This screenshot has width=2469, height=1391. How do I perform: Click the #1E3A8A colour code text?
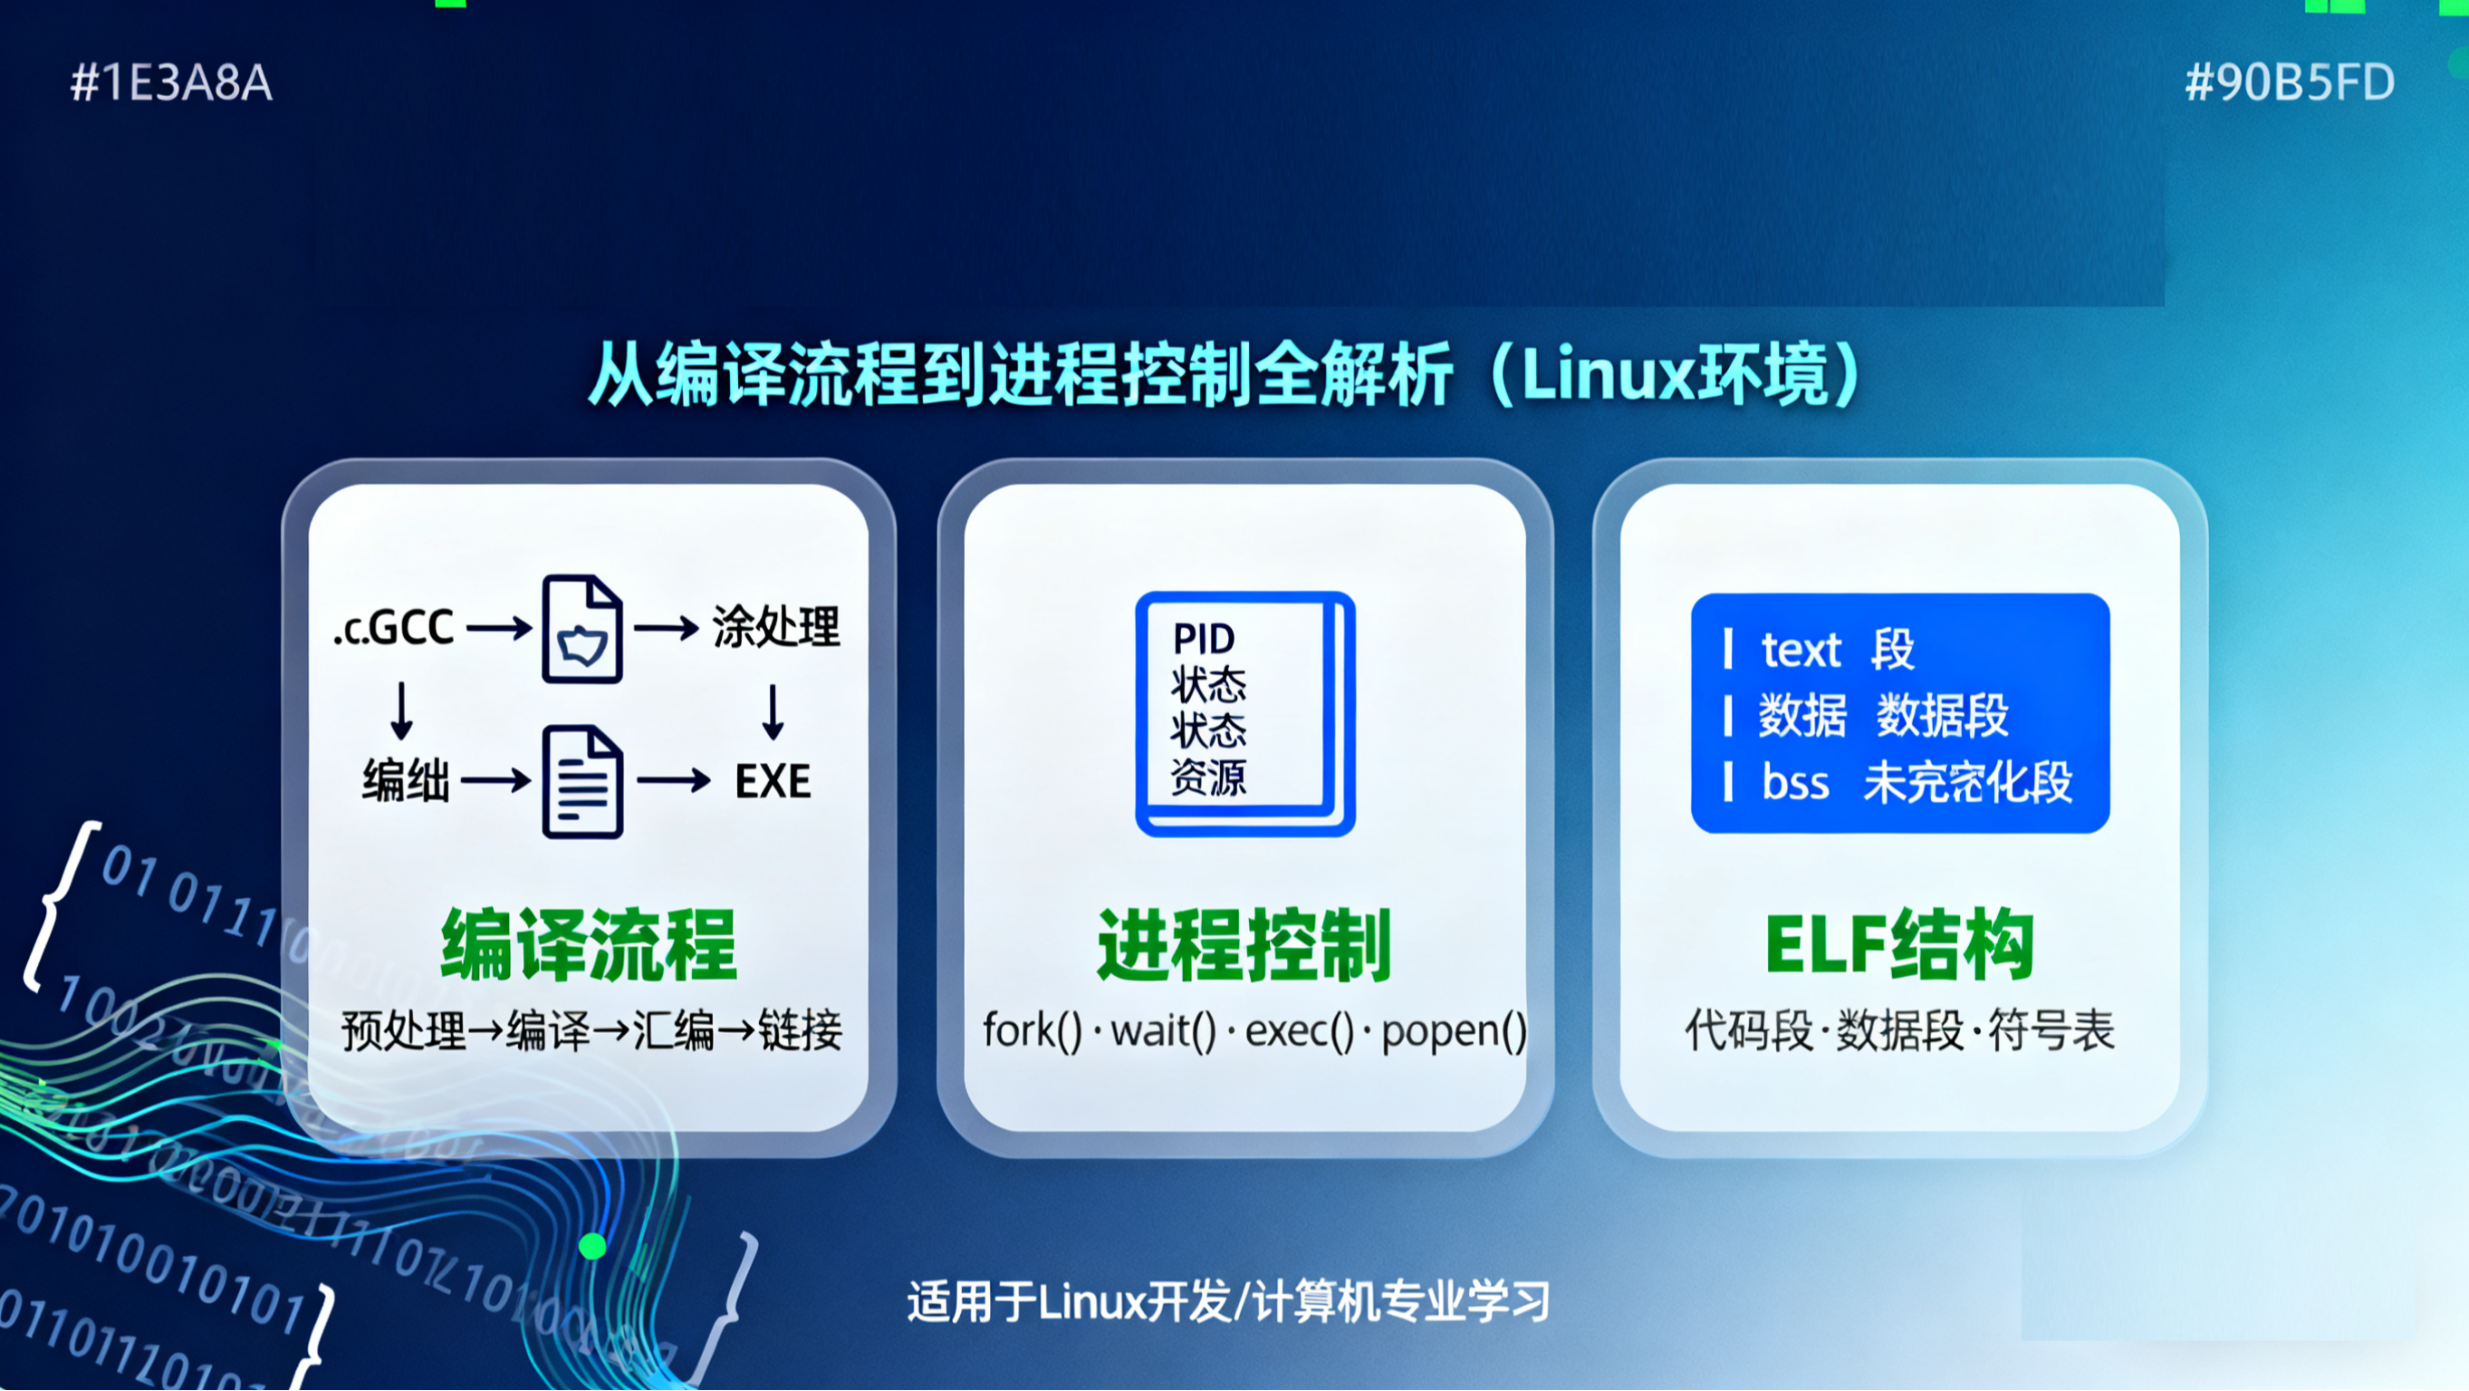[x=171, y=82]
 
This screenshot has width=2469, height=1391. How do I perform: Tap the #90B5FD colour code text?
[x=2289, y=82]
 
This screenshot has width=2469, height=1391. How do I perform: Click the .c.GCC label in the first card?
[x=394, y=628]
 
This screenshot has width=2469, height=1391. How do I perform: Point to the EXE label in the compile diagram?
[x=773, y=781]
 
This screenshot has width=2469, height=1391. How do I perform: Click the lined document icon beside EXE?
[x=582, y=781]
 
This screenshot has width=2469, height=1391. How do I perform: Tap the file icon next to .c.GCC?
[x=581, y=629]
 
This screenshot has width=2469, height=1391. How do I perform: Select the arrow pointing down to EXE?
[x=773, y=710]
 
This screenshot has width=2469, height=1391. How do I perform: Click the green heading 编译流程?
[x=589, y=945]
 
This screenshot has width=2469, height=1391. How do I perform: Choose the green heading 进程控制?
[x=1244, y=945]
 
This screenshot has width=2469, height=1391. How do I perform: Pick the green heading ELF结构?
[x=1899, y=945]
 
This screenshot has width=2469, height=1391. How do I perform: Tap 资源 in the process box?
[x=1207, y=778]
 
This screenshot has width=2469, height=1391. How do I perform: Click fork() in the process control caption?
[x=1033, y=1031]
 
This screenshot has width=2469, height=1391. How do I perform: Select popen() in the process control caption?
[x=1453, y=1031]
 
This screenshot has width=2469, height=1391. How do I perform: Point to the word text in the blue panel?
[x=1801, y=650]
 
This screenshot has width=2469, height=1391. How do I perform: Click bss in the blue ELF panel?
[x=1795, y=782]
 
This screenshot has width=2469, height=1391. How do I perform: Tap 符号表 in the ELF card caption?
[x=2051, y=1031]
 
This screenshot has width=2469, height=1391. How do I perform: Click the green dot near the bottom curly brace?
[x=593, y=1246]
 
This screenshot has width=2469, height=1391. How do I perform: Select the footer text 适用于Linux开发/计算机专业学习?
[x=1228, y=1302]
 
